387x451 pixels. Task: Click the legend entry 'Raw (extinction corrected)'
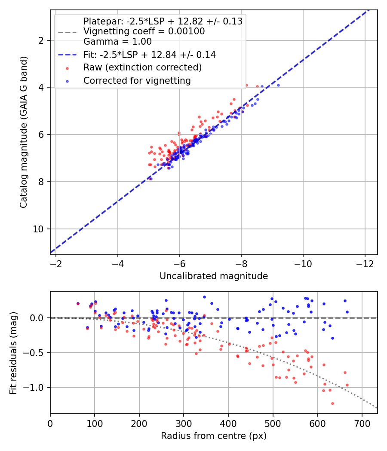tap(142, 67)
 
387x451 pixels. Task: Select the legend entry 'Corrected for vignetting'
tap(137, 80)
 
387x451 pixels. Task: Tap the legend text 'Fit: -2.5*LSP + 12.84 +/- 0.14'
tap(149, 55)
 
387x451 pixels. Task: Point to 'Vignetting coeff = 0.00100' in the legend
tap(144, 31)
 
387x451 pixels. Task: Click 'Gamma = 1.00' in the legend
tap(117, 42)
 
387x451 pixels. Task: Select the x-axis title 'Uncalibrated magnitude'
tap(214, 276)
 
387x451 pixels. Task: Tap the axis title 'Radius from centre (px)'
tap(214, 436)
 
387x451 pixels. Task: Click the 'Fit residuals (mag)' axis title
tap(13, 353)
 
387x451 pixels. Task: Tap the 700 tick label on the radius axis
tap(362, 424)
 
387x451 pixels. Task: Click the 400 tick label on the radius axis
tap(228, 424)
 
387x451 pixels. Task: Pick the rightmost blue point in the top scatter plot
tap(278, 85)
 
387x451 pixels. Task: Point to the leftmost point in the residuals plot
tap(78, 303)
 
